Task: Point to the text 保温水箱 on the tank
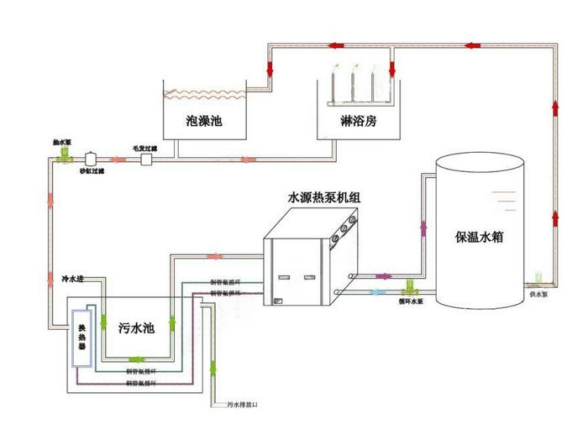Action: click(x=478, y=238)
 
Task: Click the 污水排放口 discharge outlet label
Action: click(x=242, y=405)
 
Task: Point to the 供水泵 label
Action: click(x=538, y=295)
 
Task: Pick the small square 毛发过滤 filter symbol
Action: click(x=145, y=160)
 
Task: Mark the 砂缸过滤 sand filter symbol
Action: click(x=92, y=160)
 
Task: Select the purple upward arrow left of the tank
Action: click(x=423, y=224)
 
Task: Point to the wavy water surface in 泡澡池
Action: click(x=204, y=93)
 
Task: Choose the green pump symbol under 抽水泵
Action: click(x=66, y=157)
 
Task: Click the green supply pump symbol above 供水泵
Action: click(x=538, y=275)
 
